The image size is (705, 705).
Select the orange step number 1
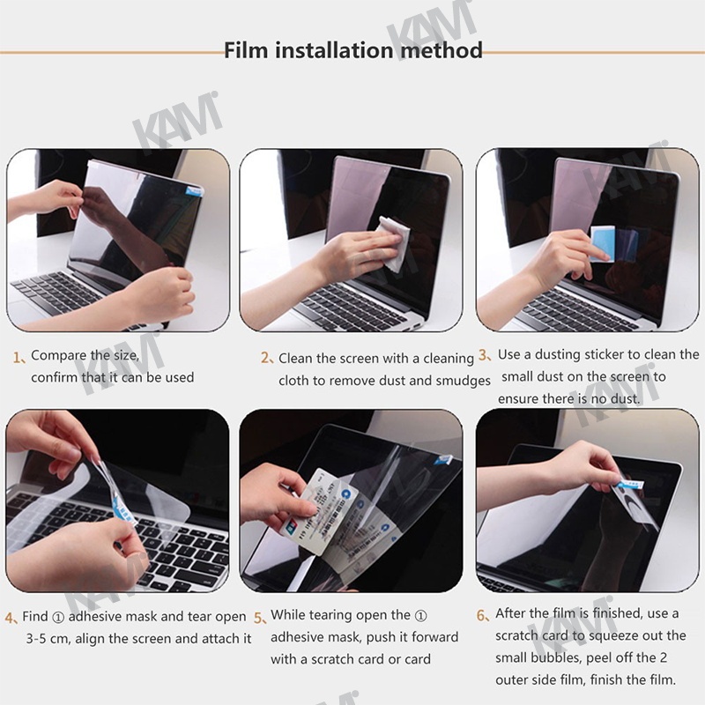[x=18, y=358]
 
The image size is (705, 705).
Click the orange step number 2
[x=267, y=359]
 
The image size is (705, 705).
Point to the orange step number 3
[x=485, y=355]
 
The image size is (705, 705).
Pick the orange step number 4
[x=11, y=618]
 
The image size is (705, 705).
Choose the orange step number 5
[x=260, y=618]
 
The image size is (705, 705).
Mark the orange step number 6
[x=482, y=615]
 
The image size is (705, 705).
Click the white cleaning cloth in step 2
[x=394, y=243]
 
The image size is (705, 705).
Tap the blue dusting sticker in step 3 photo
[x=602, y=243]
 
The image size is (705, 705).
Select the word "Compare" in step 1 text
[x=57, y=356]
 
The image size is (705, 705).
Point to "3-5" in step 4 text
[x=36, y=638]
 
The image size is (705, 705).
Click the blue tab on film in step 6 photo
[x=632, y=485]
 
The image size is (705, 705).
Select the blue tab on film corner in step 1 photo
[x=194, y=190]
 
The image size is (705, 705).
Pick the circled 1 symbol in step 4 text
[x=58, y=618]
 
